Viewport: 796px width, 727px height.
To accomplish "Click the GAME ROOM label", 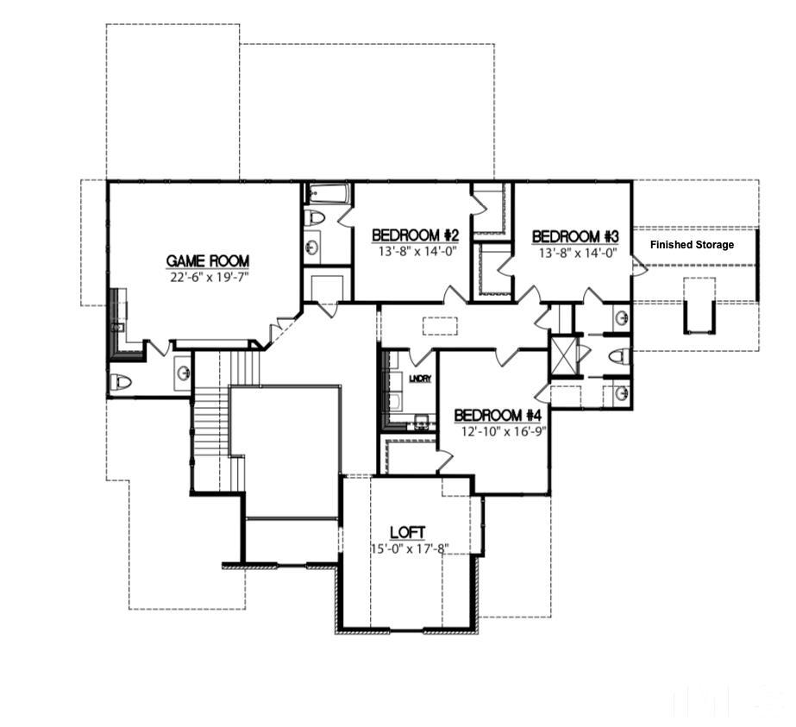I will tap(207, 260).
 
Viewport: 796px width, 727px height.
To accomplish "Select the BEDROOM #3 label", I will tap(575, 236).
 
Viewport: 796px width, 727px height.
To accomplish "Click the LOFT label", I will tap(407, 532).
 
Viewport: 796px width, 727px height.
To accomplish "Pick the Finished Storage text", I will tap(692, 245).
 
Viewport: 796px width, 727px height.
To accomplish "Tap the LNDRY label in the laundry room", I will tap(420, 379).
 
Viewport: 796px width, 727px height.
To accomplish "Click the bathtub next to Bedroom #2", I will tap(328, 193).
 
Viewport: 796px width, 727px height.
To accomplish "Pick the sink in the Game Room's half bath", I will tap(183, 373).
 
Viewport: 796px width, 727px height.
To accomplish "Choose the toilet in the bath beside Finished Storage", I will tap(617, 355).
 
